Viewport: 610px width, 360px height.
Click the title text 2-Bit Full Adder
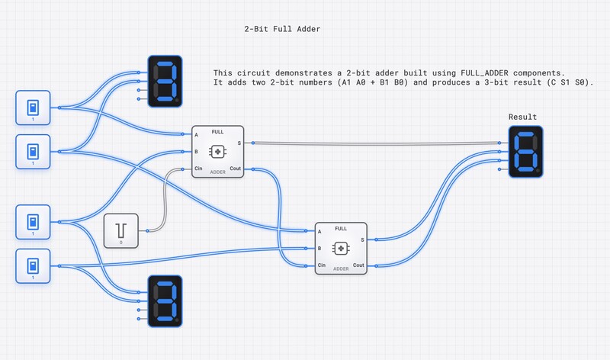tap(282, 29)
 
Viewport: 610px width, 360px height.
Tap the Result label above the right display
tap(522, 117)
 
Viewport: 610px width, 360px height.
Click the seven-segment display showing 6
tap(526, 153)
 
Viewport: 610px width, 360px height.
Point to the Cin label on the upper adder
tap(198, 169)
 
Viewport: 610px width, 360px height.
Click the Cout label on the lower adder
tap(358, 265)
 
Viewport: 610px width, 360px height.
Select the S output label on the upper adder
tap(239, 143)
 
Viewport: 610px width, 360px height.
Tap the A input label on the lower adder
tap(319, 231)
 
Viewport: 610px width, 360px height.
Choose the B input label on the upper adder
tap(196, 152)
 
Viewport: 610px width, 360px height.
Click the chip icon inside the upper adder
tap(217, 153)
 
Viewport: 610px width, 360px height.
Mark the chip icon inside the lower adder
tap(341, 248)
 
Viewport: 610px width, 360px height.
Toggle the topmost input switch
tap(33, 108)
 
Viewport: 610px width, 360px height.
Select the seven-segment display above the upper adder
tap(163, 79)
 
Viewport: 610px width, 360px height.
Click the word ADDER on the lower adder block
tap(341, 268)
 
